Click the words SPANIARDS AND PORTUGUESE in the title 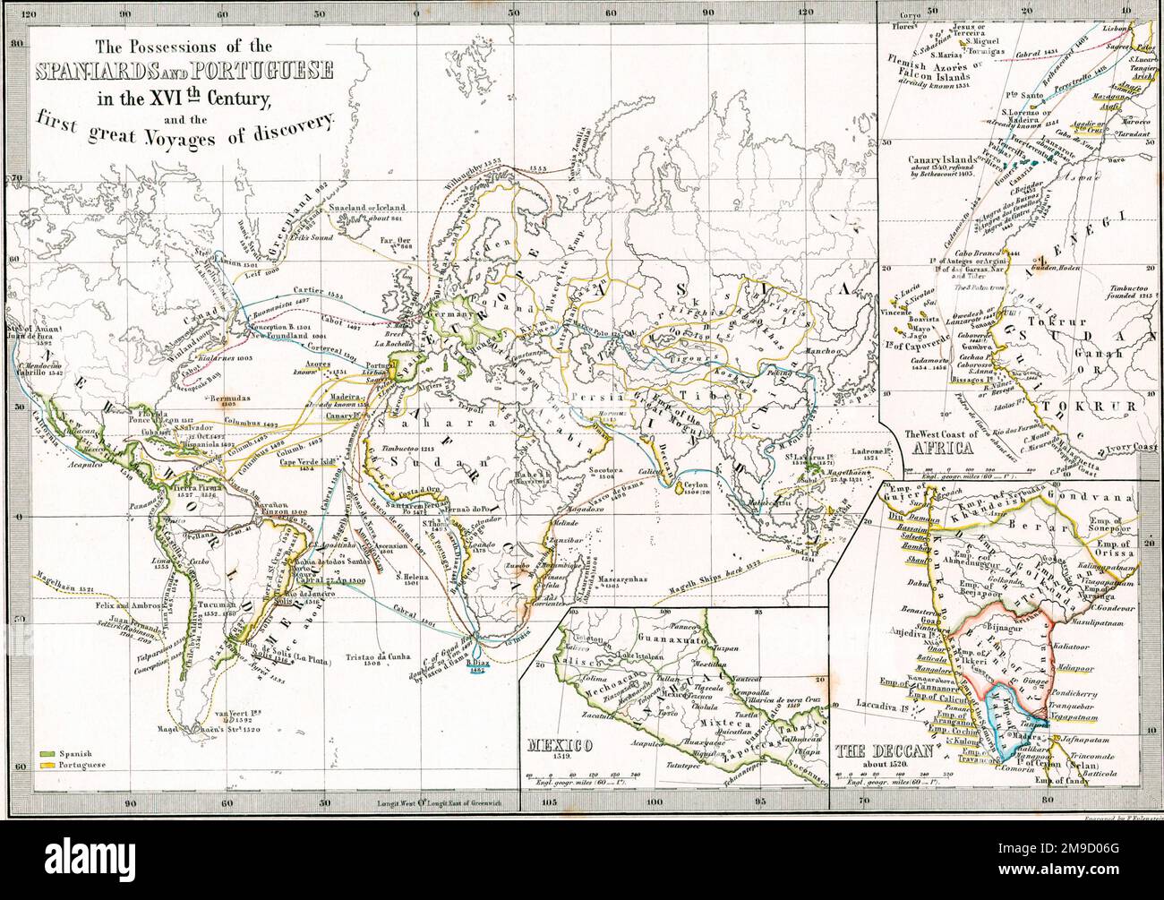(184, 69)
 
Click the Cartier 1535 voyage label (314, 293)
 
